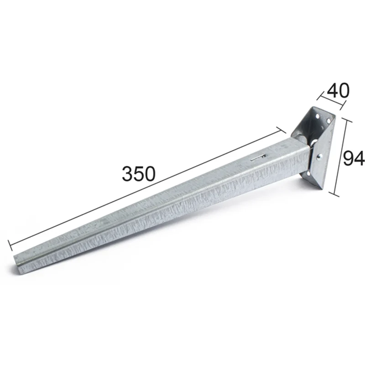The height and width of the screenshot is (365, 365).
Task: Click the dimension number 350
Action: tap(139, 174)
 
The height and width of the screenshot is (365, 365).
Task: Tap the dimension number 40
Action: tap(338, 90)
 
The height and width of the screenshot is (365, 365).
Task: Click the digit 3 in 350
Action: tap(127, 174)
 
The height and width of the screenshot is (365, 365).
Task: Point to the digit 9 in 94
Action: tap(348, 158)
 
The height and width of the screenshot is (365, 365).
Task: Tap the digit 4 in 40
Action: tap(333, 90)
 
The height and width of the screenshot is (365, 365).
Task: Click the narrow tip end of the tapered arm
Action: tap(17, 264)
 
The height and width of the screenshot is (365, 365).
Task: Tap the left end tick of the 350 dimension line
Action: tap(10, 245)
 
